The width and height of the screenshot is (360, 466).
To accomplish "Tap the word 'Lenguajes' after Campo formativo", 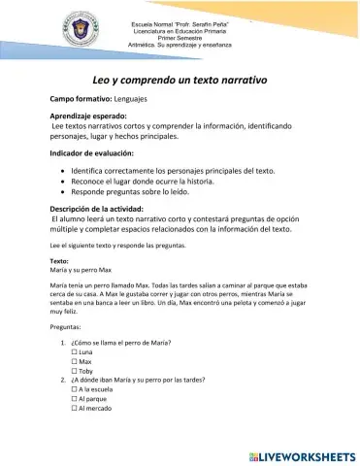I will [135, 100].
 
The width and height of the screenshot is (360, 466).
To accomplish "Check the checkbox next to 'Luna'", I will [75, 352].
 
